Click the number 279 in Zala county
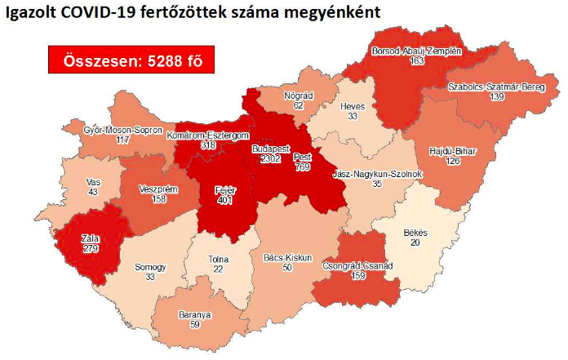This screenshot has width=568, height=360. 90,248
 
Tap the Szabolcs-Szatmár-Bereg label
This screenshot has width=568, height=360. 497,87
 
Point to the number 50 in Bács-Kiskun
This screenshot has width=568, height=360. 287,268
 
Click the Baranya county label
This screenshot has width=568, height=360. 195,313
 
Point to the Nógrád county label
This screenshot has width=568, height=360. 299,95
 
